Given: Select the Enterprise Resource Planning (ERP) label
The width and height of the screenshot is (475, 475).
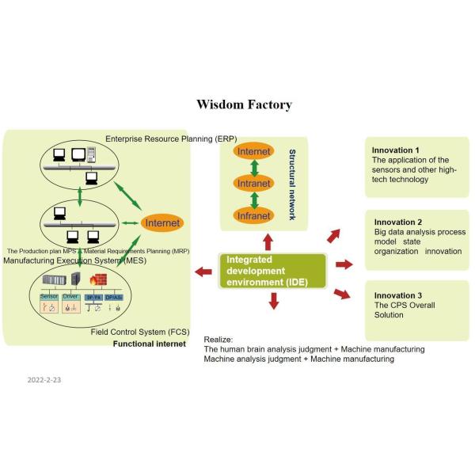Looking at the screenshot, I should click(171, 139).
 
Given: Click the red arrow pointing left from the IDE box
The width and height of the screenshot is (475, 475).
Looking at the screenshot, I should click(203, 273).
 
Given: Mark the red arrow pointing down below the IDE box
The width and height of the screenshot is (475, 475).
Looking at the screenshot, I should click(273, 301).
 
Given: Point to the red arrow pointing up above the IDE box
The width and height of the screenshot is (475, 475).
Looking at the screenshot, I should click(268, 240).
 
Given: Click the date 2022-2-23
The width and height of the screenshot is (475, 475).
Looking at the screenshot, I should click(44, 379).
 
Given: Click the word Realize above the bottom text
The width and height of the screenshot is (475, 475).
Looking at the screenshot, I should click(219, 338).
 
